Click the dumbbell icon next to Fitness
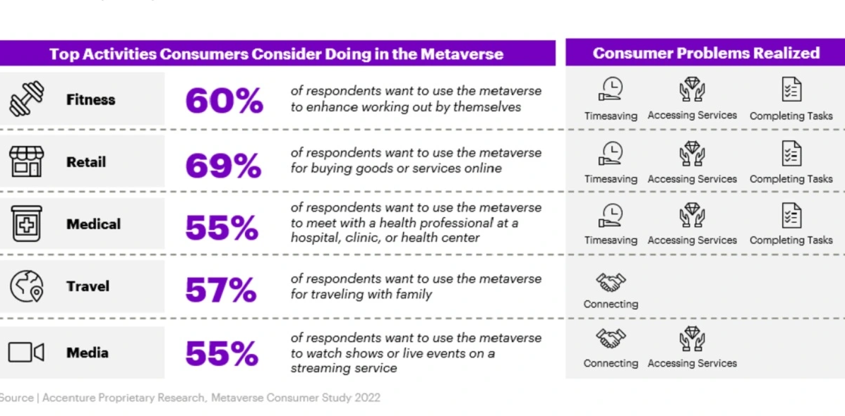coord(27,99)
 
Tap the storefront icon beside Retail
coord(27,161)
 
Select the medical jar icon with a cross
coord(27,224)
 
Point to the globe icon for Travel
coord(27,286)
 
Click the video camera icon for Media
coord(27,352)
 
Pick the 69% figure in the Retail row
coord(223,165)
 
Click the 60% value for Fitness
coord(223,101)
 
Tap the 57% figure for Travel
coord(220,289)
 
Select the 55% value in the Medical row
coord(222,227)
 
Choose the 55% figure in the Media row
coord(222,354)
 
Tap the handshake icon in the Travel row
coord(611,283)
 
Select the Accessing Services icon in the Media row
coord(692,339)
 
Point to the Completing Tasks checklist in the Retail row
coord(791,154)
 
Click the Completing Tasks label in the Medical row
coord(791,240)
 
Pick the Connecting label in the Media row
coord(611,363)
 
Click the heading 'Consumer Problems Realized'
coord(706,54)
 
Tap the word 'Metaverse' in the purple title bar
coord(462,54)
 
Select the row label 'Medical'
coord(93,224)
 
